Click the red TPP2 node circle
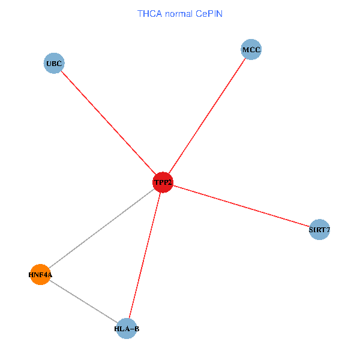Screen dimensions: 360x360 pos(163,182)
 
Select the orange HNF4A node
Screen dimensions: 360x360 pos(40,275)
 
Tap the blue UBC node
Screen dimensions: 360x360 pos(54,63)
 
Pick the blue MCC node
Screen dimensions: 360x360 pos(251,49)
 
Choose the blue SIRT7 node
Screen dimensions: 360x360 pos(319,229)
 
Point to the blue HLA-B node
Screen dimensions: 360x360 pos(127,328)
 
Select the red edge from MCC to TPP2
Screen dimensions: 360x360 pos(207,116)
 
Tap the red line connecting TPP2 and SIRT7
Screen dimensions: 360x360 pos(240,206)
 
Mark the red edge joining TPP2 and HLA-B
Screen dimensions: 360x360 pos(145,255)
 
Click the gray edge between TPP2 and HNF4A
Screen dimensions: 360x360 pos(102,229)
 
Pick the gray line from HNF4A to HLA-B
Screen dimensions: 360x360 pos(83,302)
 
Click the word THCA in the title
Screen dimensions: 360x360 pos(149,13)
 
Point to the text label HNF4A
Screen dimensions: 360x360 pos(40,275)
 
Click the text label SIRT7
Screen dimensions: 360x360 pos(319,229)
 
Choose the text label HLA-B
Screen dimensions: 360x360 pos(127,329)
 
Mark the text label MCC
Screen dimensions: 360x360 pos(251,49)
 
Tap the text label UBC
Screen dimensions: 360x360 pos(54,63)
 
